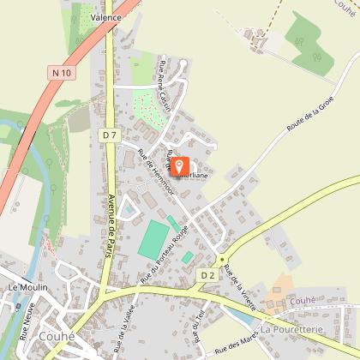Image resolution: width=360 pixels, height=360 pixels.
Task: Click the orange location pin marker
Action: (x=179, y=164)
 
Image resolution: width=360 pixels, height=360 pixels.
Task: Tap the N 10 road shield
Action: (x=60, y=74)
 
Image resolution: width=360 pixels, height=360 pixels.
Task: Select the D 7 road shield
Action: (x=107, y=135)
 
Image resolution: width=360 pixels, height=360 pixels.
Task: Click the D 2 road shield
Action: (x=207, y=275)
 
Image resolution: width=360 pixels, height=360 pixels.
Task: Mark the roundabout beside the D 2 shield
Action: (x=222, y=259)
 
